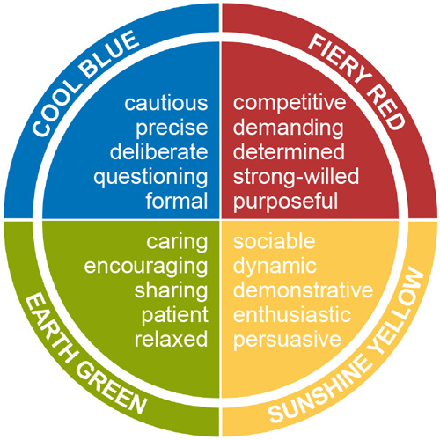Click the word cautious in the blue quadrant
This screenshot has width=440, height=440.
click(x=166, y=103)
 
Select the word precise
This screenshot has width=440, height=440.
click(x=172, y=128)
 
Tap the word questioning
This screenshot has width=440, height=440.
click(x=150, y=178)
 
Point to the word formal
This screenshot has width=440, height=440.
click(x=177, y=201)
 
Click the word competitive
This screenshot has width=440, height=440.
click(x=290, y=103)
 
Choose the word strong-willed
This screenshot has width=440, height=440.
click(x=296, y=176)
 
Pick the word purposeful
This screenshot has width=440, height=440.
click(x=285, y=202)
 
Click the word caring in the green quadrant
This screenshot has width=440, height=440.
click(x=177, y=243)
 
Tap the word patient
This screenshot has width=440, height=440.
click(x=175, y=316)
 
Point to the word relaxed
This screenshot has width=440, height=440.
click(x=171, y=339)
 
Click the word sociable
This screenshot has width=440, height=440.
click(x=274, y=241)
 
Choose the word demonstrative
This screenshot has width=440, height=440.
click(x=303, y=290)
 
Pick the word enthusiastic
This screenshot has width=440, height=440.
click(x=292, y=314)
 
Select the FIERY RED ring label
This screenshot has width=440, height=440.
click(x=356, y=82)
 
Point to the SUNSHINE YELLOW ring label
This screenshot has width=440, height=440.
click(x=347, y=346)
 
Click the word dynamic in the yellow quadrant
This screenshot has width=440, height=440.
click(x=275, y=267)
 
